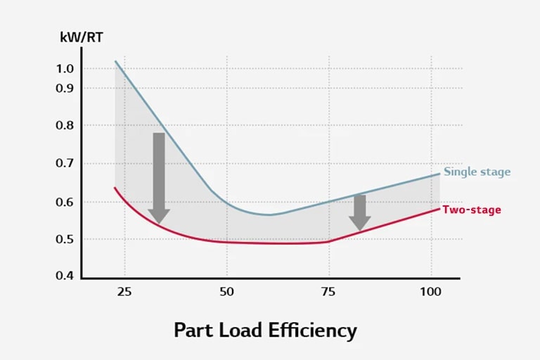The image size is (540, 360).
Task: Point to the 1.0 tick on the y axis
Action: (65, 68)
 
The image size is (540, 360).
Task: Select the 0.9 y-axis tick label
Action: (65, 88)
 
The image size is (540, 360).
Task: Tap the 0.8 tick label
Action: (65, 125)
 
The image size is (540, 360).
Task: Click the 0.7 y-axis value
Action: (65, 163)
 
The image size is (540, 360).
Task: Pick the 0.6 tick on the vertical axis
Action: (65, 202)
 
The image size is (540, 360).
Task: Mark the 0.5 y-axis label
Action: (65, 239)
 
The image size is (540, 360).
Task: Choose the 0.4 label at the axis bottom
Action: (65, 275)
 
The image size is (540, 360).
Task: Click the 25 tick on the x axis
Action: (124, 290)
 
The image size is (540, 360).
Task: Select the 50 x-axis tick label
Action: (226, 290)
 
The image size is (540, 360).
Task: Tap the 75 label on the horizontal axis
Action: (328, 290)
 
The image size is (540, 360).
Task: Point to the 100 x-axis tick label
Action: (430, 290)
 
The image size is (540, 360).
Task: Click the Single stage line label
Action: (477, 172)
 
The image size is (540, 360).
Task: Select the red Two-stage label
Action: (471, 210)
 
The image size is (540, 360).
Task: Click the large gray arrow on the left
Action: (159, 176)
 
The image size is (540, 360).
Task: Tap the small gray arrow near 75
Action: (360, 212)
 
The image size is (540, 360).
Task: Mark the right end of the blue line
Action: (439, 174)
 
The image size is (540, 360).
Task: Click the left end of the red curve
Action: (115, 188)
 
